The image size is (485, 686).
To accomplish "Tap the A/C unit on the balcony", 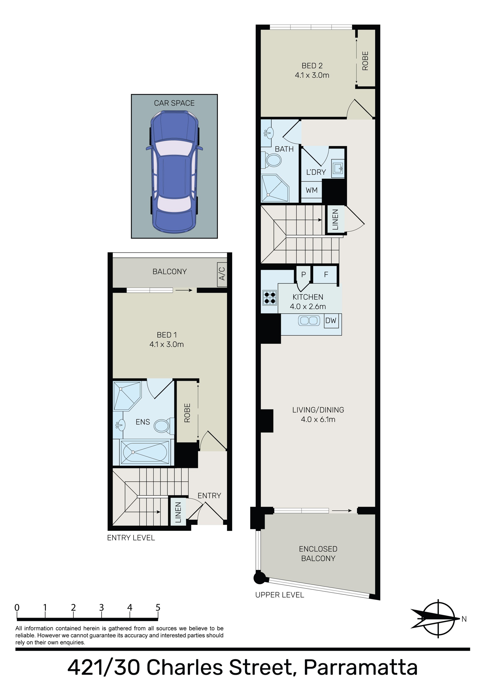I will point(222,273).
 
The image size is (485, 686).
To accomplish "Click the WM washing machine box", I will point(311,190).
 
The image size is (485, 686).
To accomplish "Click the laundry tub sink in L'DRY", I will point(338,168).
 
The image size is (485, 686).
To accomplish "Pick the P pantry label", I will point(303,275).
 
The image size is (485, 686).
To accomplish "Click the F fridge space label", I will point(326,274).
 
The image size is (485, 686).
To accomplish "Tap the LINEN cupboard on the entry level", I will point(178,512).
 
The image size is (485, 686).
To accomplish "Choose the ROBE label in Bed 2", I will point(365,61).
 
